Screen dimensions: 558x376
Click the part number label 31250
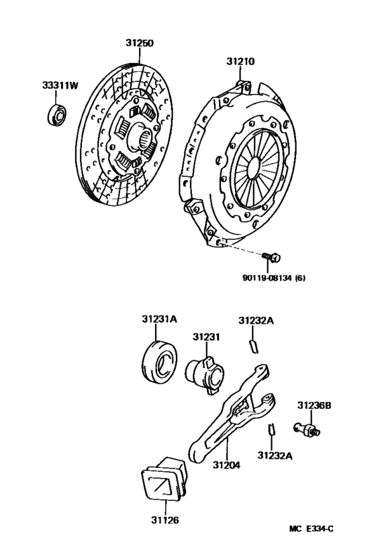pos(139,42)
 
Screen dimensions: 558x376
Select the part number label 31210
pos(240,62)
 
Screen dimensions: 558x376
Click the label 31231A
pos(158,320)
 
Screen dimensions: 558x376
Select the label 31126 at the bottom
pos(164,519)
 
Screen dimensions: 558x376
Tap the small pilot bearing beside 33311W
pos(56,115)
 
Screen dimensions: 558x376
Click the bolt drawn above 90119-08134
pos(272,257)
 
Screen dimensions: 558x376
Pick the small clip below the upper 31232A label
pos(253,345)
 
